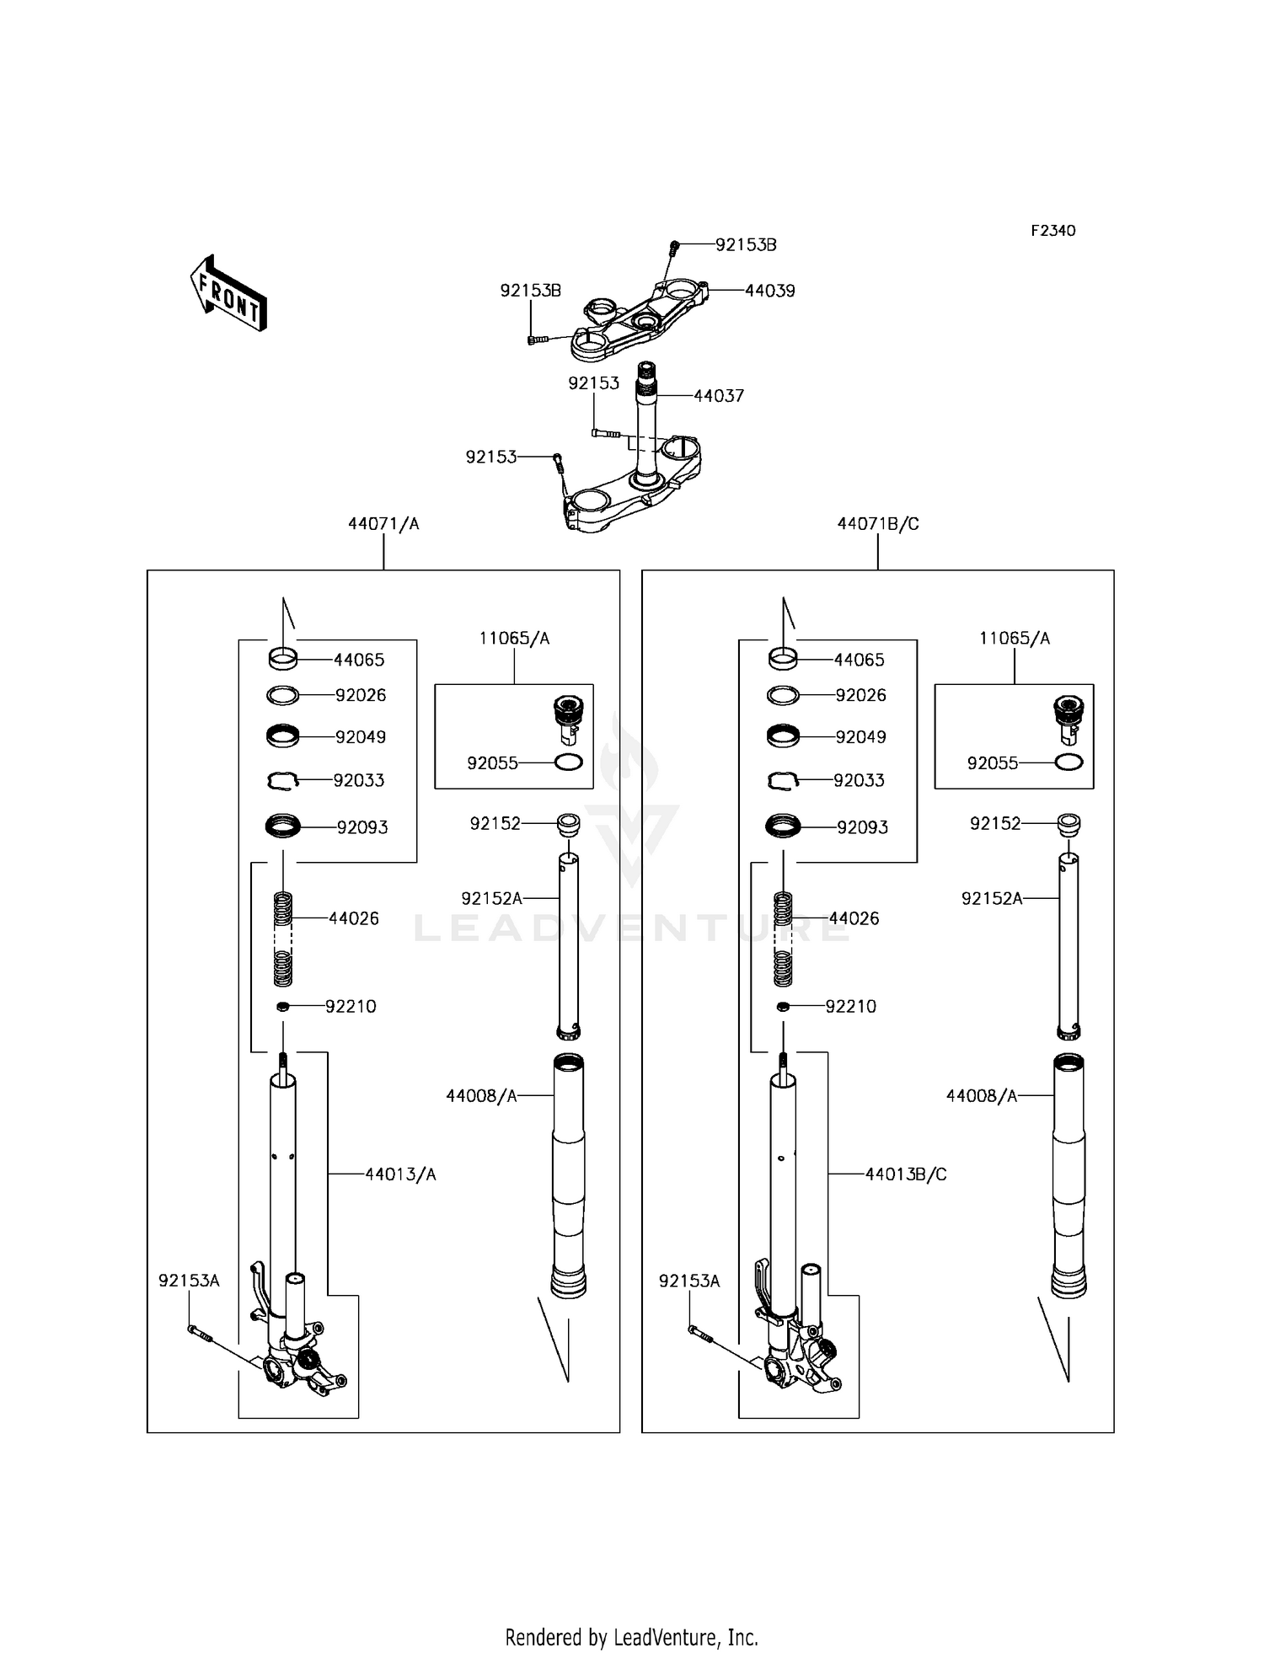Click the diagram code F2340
(1053, 231)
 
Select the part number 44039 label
(770, 291)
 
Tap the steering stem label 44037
(719, 396)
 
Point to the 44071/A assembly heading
(383, 524)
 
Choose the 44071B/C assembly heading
(878, 524)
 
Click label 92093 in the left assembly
(362, 828)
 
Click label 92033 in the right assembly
(859, 781)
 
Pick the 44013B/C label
(906, 1174)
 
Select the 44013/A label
(400, 1174)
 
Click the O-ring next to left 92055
(569, 763)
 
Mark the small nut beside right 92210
(784, 1007)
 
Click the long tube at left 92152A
(570, 947)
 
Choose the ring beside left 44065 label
(282, 658)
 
